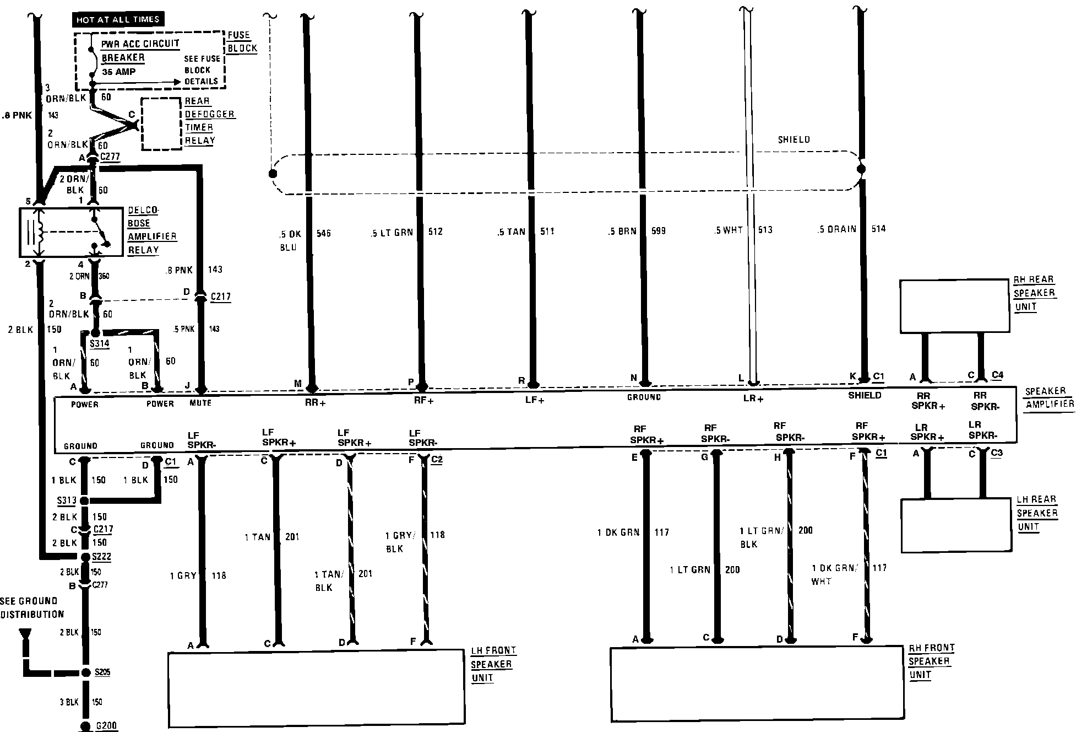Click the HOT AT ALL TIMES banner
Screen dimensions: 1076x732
coord(118,19)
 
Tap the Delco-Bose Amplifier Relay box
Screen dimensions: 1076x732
coord(71,232)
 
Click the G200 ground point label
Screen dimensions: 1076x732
coord(106,725)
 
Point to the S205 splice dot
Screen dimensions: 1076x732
coord(85,672)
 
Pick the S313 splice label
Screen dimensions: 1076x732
coord(67,500)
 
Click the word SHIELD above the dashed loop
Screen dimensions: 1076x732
coord(794,140)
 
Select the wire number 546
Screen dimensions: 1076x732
coord(324,234)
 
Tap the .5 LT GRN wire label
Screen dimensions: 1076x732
coord(392,233)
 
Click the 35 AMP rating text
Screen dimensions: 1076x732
coord(118,72)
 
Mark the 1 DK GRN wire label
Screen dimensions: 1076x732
coord(618,532)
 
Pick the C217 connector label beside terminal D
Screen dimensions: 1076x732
coord(220,297)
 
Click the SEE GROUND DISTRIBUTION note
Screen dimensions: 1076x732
coord(32,607)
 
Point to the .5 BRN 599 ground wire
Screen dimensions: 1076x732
coord(642,198)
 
